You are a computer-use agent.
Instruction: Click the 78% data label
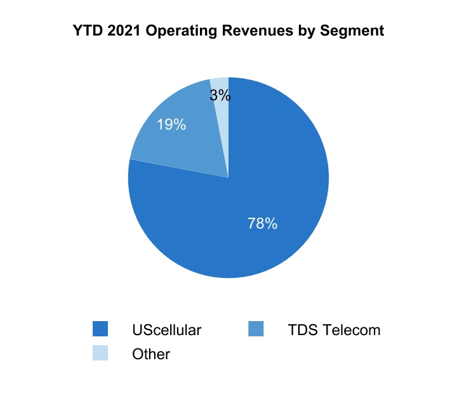[262, 223]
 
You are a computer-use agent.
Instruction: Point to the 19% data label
[171, 125]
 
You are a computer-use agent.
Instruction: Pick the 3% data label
[220, 96]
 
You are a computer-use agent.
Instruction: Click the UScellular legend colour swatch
[100, 329]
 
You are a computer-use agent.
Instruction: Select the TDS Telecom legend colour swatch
[256, 329]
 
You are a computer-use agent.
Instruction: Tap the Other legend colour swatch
[100, 353]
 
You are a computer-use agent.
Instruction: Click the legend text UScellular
[167, 330]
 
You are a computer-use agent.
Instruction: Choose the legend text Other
[151, 353]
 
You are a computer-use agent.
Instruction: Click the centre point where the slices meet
[228, 178]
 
